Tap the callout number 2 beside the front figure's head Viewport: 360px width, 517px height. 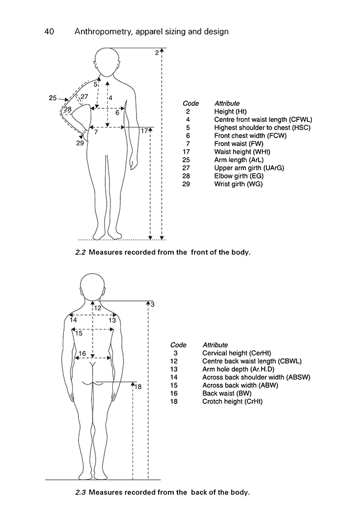coord(156,52)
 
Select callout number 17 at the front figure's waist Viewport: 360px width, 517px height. coord(145,131)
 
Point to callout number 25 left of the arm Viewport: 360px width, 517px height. coord(52,98)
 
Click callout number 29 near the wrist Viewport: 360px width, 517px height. coord(80,143)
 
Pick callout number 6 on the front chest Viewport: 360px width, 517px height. coord(117,112)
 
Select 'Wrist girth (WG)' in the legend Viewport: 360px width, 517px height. coord(239,184)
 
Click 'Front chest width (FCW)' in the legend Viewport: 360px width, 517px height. coord(248,136)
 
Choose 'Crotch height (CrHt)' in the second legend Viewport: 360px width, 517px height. coord(232,401)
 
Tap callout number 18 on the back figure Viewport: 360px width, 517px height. coord(139,387)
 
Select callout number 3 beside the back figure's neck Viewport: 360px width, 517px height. coord(152,304)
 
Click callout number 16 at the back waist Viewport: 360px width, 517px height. coord(82,354)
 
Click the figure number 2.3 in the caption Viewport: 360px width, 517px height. coord(81,492)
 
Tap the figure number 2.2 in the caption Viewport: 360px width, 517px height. coord(81,252)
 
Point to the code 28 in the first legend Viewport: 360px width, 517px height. coord(187,176)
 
